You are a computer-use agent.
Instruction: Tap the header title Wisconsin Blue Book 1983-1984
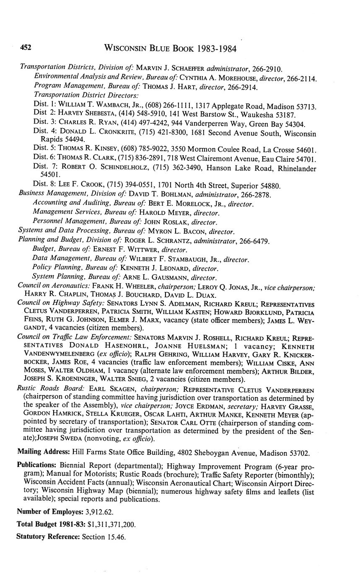pos(170,49)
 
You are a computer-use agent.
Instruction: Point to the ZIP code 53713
pos(306,106)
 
